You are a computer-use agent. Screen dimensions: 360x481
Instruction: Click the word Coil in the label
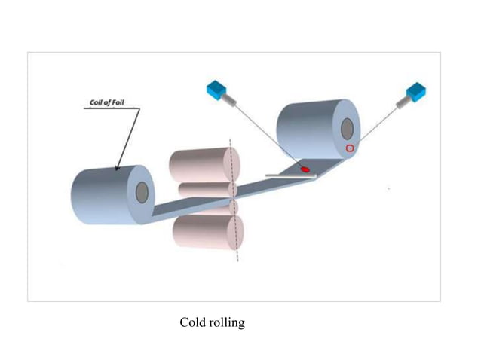pos(97,102)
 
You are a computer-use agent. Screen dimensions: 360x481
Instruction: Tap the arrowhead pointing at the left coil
pos(118,166)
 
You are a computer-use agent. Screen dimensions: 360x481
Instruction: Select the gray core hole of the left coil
pos(142,192)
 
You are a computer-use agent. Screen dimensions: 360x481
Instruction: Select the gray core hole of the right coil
pos(347,129)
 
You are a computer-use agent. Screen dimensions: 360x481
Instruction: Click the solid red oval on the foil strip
pos(305,169)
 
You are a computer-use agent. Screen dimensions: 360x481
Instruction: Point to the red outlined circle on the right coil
pos(350,148)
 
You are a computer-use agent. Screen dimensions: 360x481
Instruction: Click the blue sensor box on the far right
pos(416,93)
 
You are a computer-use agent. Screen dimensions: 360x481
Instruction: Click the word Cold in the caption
pos(192,323)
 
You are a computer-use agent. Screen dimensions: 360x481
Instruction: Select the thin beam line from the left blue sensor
pos(264,133)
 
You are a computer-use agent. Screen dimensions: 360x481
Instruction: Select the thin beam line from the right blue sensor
pos(384,120)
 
